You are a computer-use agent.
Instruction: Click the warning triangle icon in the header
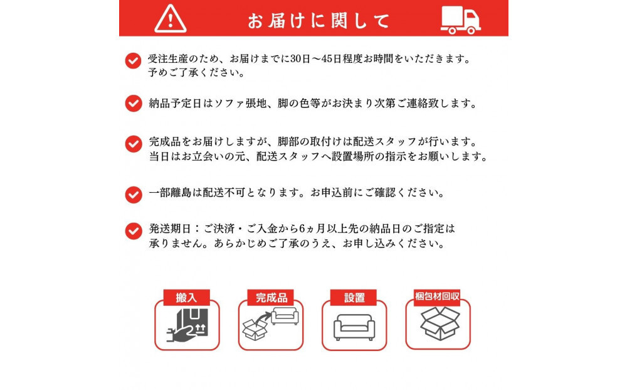[x=170, y=19]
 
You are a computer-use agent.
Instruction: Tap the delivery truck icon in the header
[x=461, y=20]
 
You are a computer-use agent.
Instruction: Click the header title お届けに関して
[x=319, y=21]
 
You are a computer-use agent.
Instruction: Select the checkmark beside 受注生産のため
[x=133, y=61]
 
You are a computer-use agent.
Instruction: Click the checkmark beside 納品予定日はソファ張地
[x=133, y=103]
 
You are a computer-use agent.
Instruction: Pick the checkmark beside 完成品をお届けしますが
[x=133, y=144]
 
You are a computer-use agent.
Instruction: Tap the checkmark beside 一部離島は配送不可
[x=133, y=194]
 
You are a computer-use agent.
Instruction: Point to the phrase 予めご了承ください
[x=196, y=72]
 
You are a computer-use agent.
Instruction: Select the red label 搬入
[x=186, y=298]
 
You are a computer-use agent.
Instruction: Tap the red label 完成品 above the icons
[x=270, y=298]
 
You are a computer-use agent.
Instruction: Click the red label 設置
[x=354, y=298]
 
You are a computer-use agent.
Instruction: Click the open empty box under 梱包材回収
[x=439, y=324]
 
